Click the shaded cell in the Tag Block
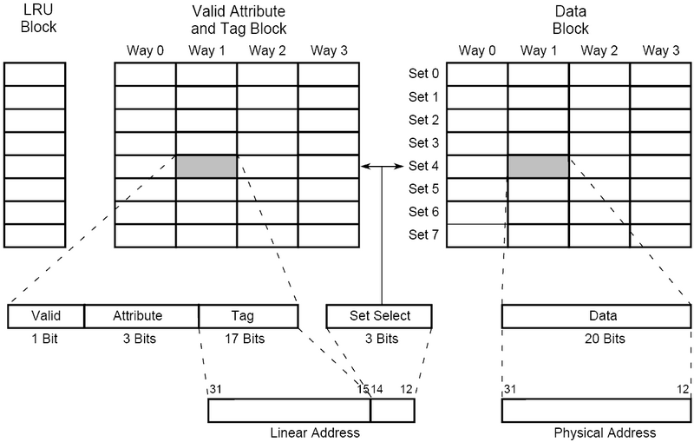click(206, 167)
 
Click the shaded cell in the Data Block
click(538, 167)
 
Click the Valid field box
click(46, 316)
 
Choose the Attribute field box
click(141, 316)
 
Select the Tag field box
click(248, 316)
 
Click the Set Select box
click(379, 316)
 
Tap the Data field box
click(596, 316)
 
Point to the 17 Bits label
click(248, 339)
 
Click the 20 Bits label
click(596, 339)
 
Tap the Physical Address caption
click(596, 432)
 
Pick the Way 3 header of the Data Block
click(660, 50)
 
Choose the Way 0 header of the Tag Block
click(145, 50)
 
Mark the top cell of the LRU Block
click(35, 74)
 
